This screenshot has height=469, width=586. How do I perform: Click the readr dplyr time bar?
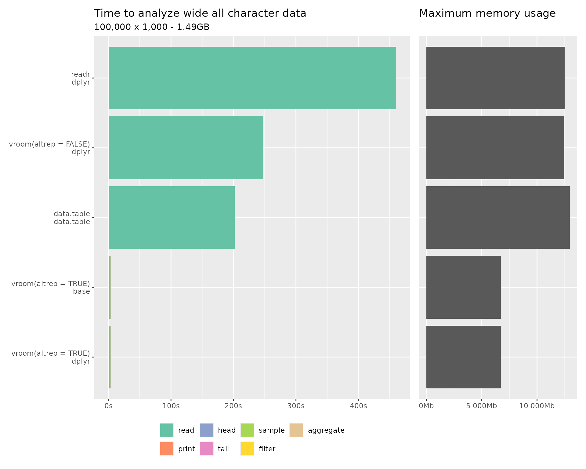pos(252,78)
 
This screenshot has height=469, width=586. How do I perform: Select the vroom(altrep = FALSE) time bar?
pos(186,148)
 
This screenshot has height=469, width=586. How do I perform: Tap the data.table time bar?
pos(172,217)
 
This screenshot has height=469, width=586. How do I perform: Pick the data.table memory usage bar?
pos(498,217)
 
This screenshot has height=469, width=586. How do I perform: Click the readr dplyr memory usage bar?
pos(495,78)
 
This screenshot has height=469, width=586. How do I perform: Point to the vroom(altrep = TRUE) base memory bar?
pos(463,287)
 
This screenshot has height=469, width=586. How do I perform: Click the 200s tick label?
pos(233,406)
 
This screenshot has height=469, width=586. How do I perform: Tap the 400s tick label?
pos(358,406)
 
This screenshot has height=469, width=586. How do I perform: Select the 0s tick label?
pos(108,406)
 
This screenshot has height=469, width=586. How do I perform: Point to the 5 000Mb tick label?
pos(482,406)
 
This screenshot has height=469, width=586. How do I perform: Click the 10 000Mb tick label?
pos(537,406)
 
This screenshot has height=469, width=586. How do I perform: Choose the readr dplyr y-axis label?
pos(81,78)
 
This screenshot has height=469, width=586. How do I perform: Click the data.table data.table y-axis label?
pos(72,218)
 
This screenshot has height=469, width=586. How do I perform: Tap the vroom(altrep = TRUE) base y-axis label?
pos(51,287)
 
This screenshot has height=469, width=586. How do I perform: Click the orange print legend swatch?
pos(166,449)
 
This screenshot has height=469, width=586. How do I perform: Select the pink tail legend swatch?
pos(206,449)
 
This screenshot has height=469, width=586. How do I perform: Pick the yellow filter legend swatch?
pos(247,449)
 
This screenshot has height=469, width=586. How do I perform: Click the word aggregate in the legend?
pos(326,430)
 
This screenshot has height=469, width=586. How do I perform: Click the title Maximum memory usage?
pos(487,13)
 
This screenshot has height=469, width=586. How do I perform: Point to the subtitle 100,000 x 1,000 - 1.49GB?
pos(152,27)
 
